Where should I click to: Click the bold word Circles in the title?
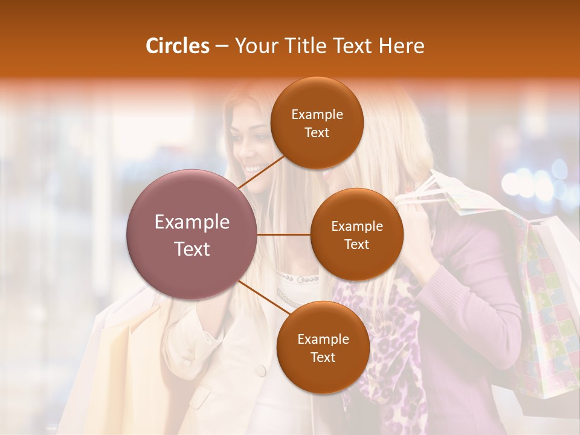tap(177, 46)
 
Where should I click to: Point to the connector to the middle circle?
tap(284, 234)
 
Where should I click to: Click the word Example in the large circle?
tap(192, 222)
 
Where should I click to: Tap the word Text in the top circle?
tap(317, 133)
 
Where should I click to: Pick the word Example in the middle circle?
tap(356, 227)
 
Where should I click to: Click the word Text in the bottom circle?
tap(323, 357)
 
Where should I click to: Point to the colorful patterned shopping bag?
tap(547, 314)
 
